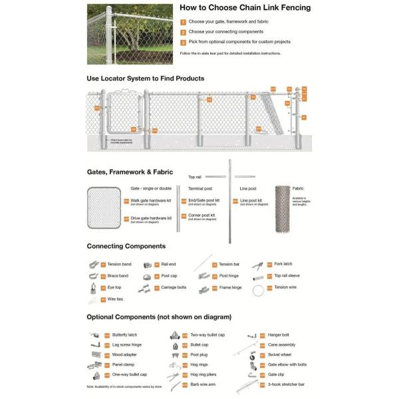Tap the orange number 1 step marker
[x=183, y=22]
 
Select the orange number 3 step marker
[x=183, y=42]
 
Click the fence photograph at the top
[x=130, y=34]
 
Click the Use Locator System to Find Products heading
[x=146, y=78]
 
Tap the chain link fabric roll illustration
[x=287, y=208]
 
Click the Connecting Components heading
[x=126, y=246]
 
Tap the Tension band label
[x=119, y=264]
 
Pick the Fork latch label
[x=283, y=264]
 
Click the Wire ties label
[x=115, y=300]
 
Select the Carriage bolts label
[x=173, y=288]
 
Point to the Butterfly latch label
[x=124, y=335]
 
